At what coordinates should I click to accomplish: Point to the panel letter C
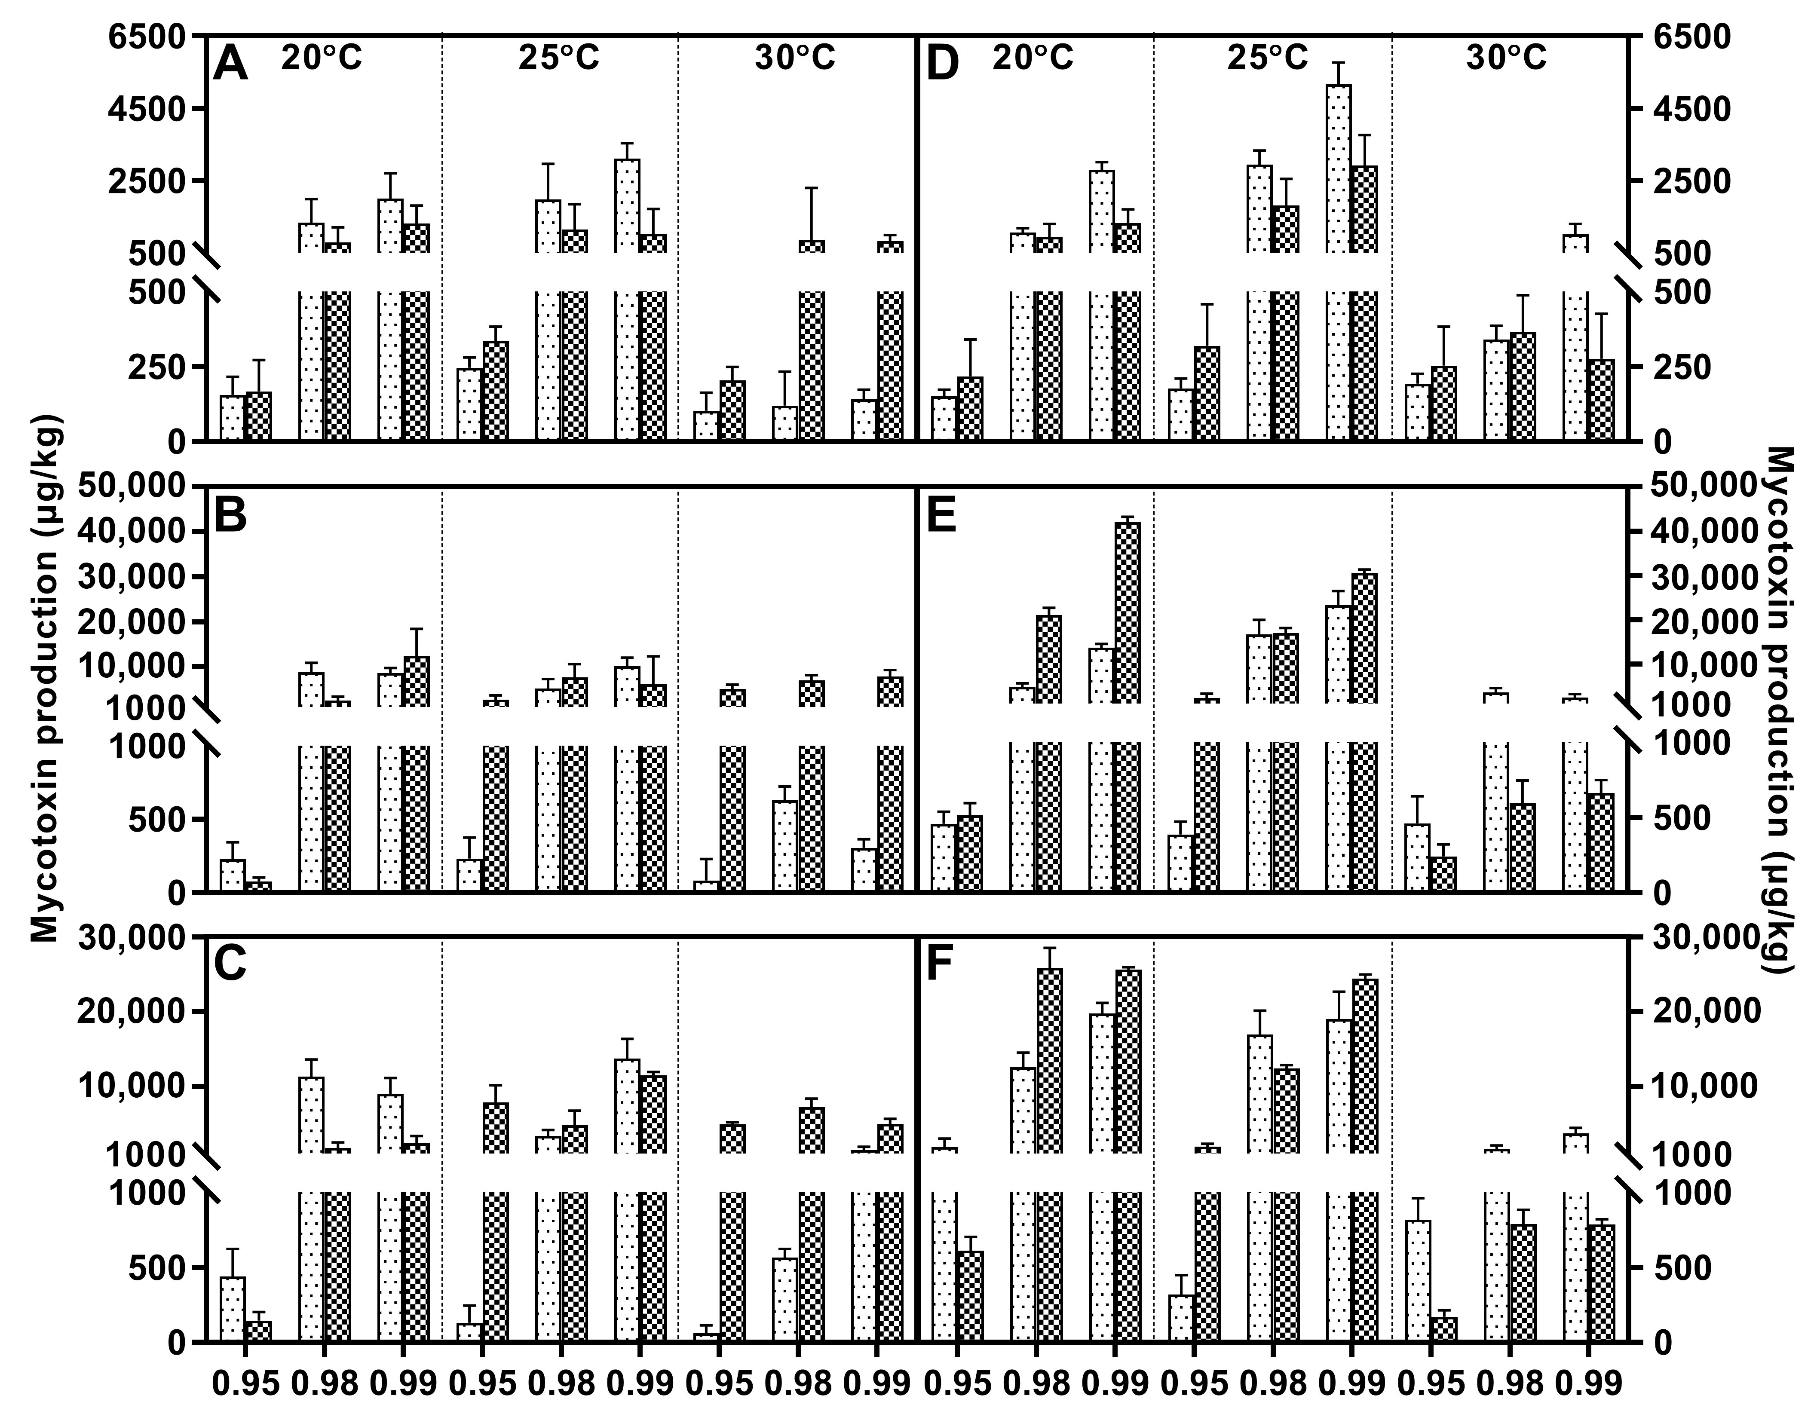pos(230,964)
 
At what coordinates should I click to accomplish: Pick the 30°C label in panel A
pos(794,58)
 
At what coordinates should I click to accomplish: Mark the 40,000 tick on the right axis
pos(1704,532)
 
